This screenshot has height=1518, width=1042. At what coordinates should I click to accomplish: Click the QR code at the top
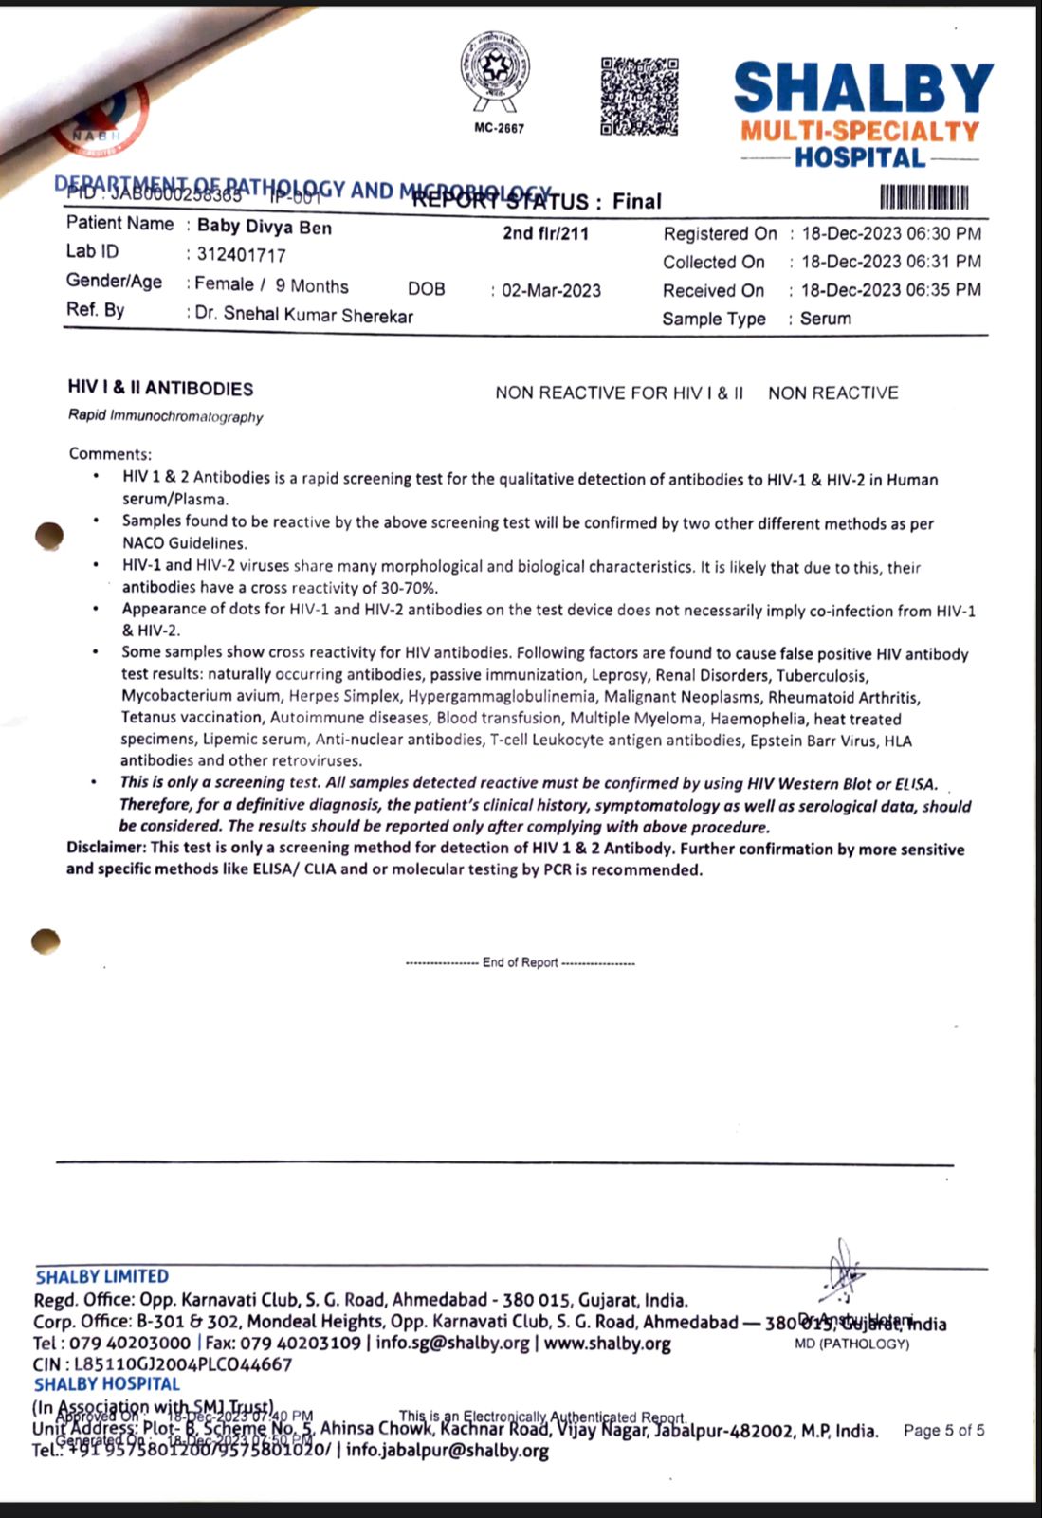pos(640,96)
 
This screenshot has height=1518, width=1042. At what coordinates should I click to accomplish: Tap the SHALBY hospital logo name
pos(863,88)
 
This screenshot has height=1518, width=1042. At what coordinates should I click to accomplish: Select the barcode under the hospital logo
pos(924,198)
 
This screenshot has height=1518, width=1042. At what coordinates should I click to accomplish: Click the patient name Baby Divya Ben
pos(265,227)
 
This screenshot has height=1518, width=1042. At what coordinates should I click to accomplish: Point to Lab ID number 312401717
pos(241,255)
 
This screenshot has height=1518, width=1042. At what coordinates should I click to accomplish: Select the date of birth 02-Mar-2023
pos(551,291)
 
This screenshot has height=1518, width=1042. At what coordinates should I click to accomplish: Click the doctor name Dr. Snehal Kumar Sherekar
pos(303,315)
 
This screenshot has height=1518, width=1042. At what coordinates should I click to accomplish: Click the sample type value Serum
pos(826,319)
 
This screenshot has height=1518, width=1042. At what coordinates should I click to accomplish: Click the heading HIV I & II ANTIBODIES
pos(160,389)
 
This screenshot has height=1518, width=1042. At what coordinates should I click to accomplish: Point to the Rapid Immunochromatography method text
pos(166,416)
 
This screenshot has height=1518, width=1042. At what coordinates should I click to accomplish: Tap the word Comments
pos(109,453)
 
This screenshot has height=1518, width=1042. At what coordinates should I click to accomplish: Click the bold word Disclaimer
pos(106,848)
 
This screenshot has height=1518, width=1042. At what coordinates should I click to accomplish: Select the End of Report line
pos(520,962)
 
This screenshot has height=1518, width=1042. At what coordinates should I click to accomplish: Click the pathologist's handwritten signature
pos(841,1271)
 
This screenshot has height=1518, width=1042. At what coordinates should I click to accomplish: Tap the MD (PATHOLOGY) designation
pos(851,1344)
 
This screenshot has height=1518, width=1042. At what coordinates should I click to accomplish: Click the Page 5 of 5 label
pos(943,1430)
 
